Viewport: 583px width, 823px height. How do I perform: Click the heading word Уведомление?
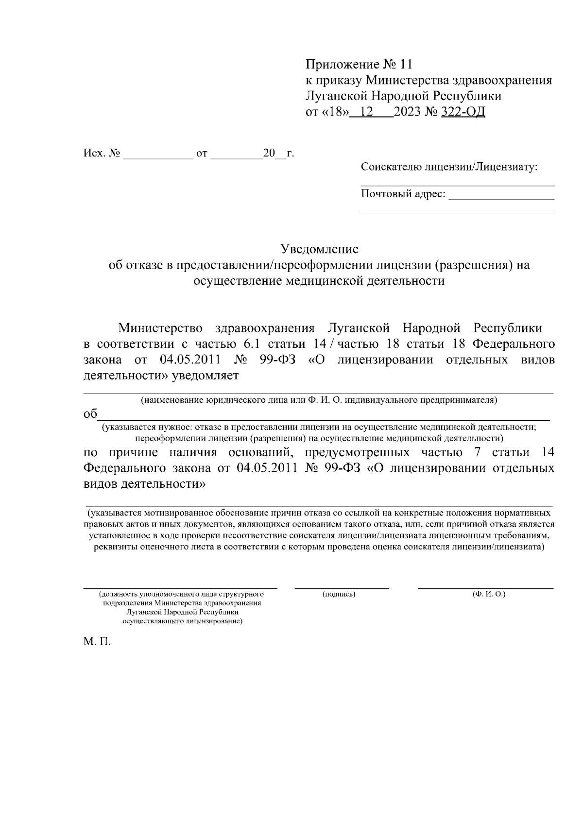[x=320, y=249]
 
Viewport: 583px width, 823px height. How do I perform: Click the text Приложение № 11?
[x=359, y=64]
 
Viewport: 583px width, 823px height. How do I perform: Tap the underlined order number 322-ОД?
[x=463, y=112]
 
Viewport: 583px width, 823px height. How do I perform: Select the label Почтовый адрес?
[x=403, y=194]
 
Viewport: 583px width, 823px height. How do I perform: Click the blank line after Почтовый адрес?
[x=501, y=199]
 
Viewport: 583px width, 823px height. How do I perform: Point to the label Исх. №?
[x=102, y=154]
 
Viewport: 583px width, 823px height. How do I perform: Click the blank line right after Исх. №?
[x=158, y=158]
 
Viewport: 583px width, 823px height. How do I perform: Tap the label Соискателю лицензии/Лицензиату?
[x=449, y=168]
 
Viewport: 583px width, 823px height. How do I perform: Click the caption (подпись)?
[x=339, y=594]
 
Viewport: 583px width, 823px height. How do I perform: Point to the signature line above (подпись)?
[x=342, y=588]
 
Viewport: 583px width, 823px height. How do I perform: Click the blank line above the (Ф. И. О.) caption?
[x=486, y=588]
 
